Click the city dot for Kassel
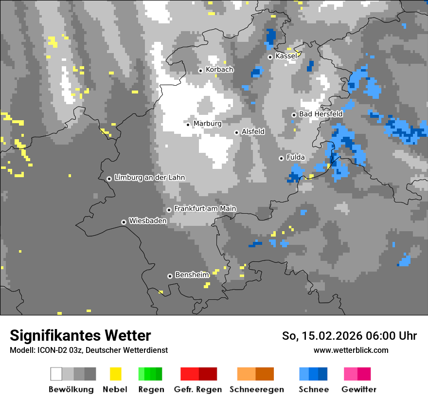pyautogui.click(x=270, y=57)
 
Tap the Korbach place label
pyautogui.click(x=219, y=70)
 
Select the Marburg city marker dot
pyautogui.click(x=188, y=125)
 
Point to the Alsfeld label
pyautogui.click(x=253, y=132)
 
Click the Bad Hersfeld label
pyautogui.click(x=321, y=114)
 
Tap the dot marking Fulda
pyautogui.click(x=281, y=158)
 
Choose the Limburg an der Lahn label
pyautogui.click(x=149, y=178)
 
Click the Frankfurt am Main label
pyautogui.click(x=205, y=209)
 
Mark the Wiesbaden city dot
pyautogui.click(x=124, y=222)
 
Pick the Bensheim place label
pyautogui.click(x=192, y=275)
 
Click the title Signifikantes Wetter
pyautogui.click(x=80, y=336)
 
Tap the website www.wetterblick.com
pyautogui.click(x=351, y=350)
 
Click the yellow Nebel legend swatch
pyautogui.click(x=115, y=374)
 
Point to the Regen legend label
pyautogui.click(x=151, y=389)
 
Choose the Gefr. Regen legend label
pyautogui.click(x=198, y=389)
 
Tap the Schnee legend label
pyautogui.click(x=314, y=389)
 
